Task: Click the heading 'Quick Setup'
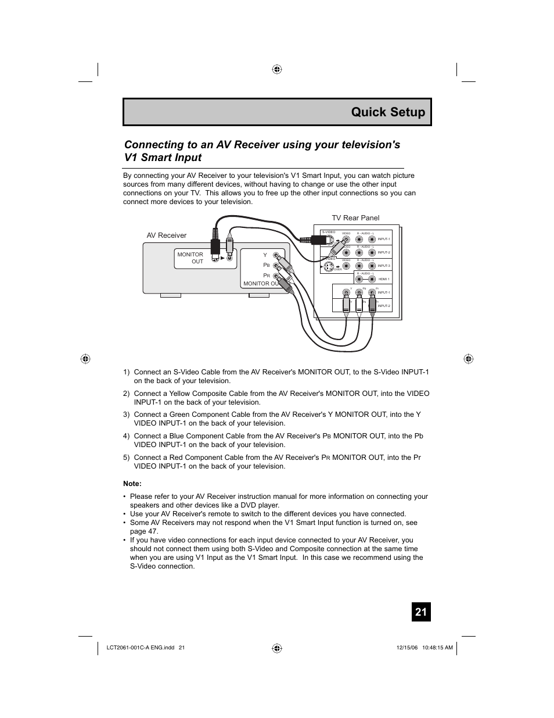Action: click(388, 112)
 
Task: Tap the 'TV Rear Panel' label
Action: click(355, 218)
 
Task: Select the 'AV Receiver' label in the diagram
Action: click(167, 235)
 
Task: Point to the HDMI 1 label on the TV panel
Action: click(384, 279)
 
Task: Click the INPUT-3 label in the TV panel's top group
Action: click(384, 266)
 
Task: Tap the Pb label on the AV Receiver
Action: click(267, 265)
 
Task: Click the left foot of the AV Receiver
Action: click(171, 295)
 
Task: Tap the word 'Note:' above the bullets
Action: click(132, 484)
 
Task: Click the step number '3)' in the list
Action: click(127, 415)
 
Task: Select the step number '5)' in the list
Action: click(127, 458)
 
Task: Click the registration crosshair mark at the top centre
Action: click(277, 69)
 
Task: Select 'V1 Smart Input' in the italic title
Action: click(163, 158)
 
